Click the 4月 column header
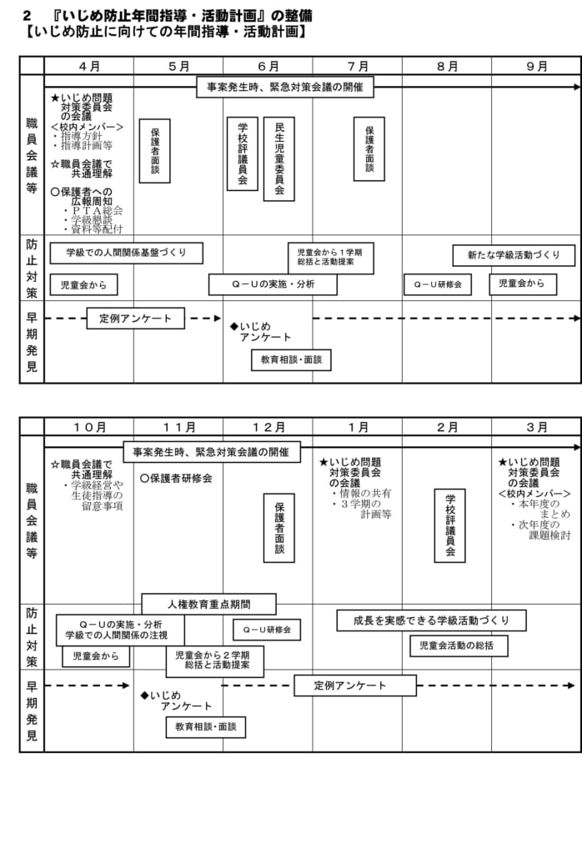89,66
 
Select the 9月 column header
537,66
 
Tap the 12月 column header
268,428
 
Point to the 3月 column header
537,428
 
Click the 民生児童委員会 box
278,159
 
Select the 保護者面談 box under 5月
154,151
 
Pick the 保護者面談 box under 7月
369,148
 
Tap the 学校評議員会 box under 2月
449,525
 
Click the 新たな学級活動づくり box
514,255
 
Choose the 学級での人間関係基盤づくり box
126,253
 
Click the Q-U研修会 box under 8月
438,284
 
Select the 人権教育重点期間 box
209,604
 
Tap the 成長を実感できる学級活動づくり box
432,620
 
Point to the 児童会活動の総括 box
459,646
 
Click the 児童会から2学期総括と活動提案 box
215,661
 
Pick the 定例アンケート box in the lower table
355,686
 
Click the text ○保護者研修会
176,478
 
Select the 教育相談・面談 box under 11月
206,726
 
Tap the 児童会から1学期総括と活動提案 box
331,258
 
